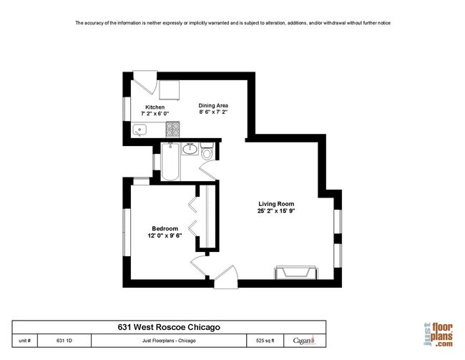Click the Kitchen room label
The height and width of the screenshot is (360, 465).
pyautogui.click(x=155, y=107)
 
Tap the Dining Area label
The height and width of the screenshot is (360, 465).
pyautogui.click(x=213, y=105)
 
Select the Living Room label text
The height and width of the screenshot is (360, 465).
pyautogui.click(x=276, y=204)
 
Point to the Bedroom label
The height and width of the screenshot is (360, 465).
pyautogui.click(x=165, y=228)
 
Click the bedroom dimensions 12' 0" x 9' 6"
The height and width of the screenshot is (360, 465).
pyautogui.click(x=165, y=235)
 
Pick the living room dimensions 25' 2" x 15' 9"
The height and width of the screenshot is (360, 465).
pyautogui.click(x=276, y=211)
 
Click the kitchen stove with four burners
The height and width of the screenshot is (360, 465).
pyautogui.click(x=172, y=130)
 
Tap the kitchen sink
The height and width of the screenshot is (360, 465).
pyautogui.click(x=139, y=130)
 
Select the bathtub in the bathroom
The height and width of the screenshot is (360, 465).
pyautogui.click(x=170, y=162)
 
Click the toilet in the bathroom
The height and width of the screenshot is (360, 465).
pyautogui.click(x=207, y=151)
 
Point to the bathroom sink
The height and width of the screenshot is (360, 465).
pyautogui.click(x=190, y=149)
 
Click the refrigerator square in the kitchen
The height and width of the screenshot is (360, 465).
pyautogui.click(x=170, y=89)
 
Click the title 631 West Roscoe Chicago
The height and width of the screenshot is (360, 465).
pyautogui.click(x=169, y=327)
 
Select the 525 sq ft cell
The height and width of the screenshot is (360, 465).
pyautogui.click(x=265, y=341)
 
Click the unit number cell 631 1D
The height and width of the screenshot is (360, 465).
pyautogui.click(x=64, y=341)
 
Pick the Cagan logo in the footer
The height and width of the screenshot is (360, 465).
pyautogui.click(x=304, y=340)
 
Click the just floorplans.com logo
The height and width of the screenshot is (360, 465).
pyautogui.click(x=439, y=335)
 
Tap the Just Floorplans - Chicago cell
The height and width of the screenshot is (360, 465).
pyautogui.click(x=169, y=341)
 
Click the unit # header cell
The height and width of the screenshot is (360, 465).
pyautogui.click(x=24, y=341)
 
